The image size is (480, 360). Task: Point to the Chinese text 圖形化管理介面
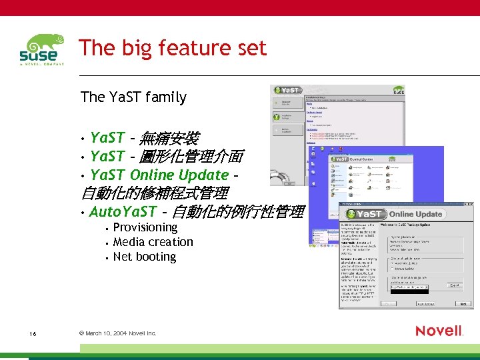(193, 157)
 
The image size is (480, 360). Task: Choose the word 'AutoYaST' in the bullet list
(123, 212)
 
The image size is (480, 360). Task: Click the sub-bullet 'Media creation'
(153, 242)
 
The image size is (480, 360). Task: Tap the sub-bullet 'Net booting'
(145, 257)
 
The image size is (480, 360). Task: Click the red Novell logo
(439, 331)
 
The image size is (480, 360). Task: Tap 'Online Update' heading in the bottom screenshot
(415, 214)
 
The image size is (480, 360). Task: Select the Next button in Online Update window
(463, 303)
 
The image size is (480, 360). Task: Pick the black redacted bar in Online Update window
(409, 291)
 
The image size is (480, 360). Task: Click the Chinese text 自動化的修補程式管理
(155, 194)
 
